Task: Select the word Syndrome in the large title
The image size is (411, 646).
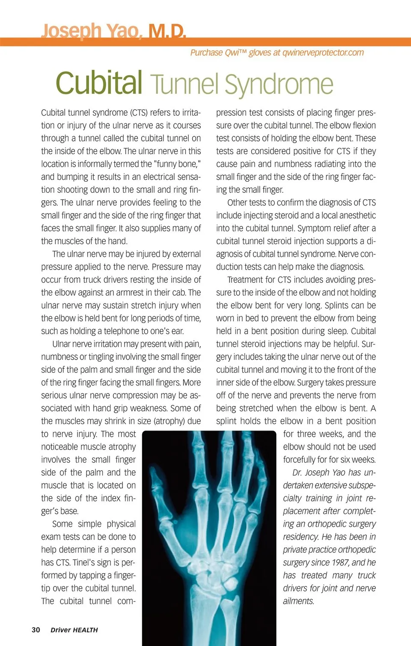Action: (279, 84)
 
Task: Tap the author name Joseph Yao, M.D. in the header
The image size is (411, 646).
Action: (113, 31)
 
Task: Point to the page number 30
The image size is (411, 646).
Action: (36, 630)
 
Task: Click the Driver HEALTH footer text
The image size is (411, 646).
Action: (74, 630)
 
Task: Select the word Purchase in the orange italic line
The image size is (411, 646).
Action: (207, 53)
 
